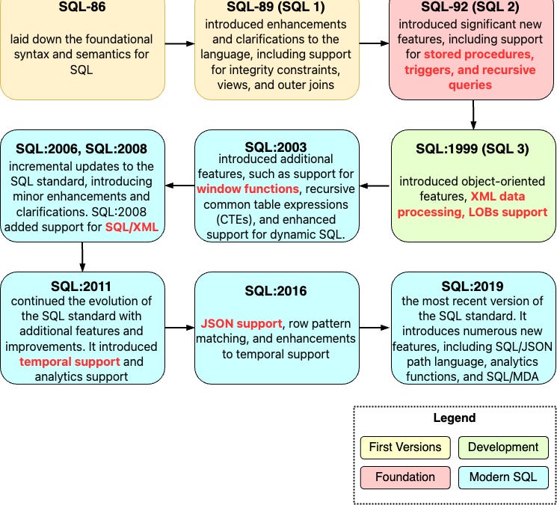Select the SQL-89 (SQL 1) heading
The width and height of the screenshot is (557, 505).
pos(277,8)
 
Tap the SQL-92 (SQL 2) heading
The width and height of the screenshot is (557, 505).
pos(473,8)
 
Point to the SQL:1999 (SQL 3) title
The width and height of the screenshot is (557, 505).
pos(473,148)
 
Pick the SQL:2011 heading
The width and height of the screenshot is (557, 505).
pos(82,286)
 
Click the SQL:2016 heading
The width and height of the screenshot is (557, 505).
pos(277,290)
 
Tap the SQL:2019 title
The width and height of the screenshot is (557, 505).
pos(473,286)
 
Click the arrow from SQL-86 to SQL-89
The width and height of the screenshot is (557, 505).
pos(179,43)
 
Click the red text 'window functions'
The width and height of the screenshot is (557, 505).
pos(247,189)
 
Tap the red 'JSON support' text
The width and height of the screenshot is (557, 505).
pos(240,323)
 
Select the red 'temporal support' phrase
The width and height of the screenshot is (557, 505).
pos(70,361)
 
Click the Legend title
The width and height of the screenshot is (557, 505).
pos(454,417)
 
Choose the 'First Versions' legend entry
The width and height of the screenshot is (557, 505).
pos(405,447)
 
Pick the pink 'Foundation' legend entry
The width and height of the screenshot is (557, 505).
pos(405,477)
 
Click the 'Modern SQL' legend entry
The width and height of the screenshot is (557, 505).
pos(503,477)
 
